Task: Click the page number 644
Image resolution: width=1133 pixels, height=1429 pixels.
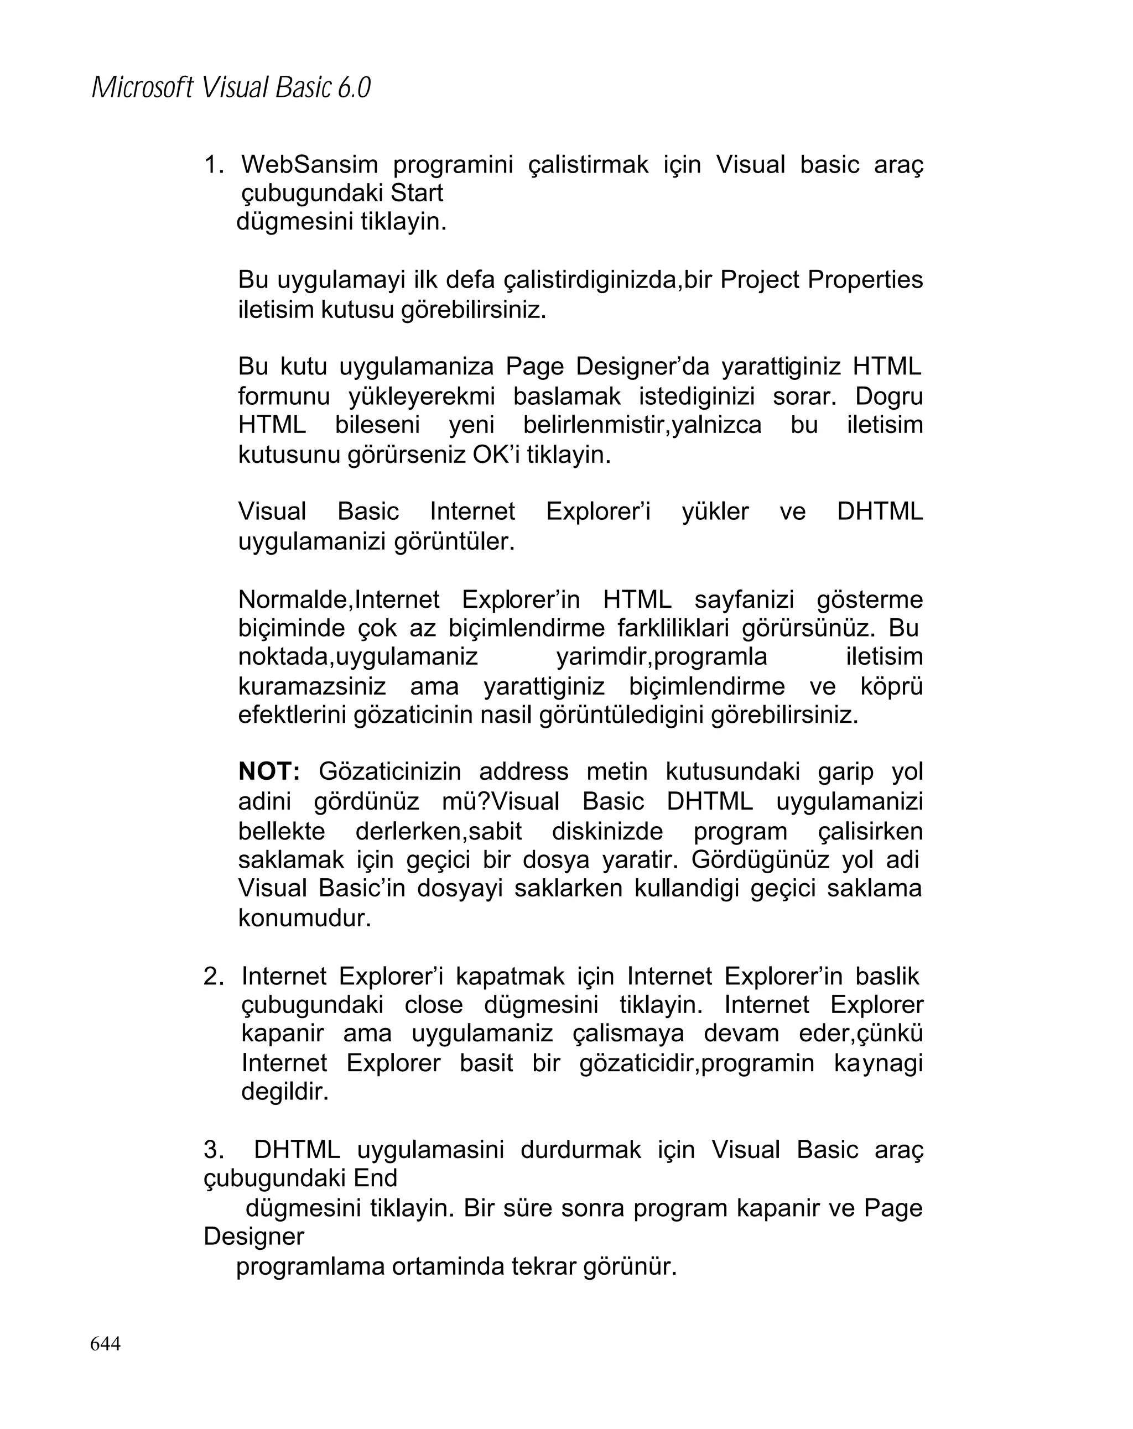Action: point(106,1343)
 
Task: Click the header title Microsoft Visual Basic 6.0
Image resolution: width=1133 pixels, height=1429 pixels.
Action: point(231,87)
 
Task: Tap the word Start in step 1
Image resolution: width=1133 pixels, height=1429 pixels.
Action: point(417,193)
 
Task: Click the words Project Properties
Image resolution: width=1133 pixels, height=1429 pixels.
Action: point(821,280)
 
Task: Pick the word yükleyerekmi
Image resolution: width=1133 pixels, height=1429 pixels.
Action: point(422,397)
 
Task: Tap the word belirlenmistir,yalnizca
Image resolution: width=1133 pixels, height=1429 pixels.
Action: point(642,425)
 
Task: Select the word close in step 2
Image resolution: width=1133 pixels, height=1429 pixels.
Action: point(434,1005)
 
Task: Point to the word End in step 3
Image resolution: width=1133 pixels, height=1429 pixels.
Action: point(375,1178)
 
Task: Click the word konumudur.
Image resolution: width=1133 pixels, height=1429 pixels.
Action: point(304,918)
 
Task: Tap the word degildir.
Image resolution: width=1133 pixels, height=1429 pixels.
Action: point(285,1091)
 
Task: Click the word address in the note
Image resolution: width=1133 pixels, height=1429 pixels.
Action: point(524,771)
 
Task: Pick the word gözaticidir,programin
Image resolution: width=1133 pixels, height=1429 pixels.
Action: point(696,1063)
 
